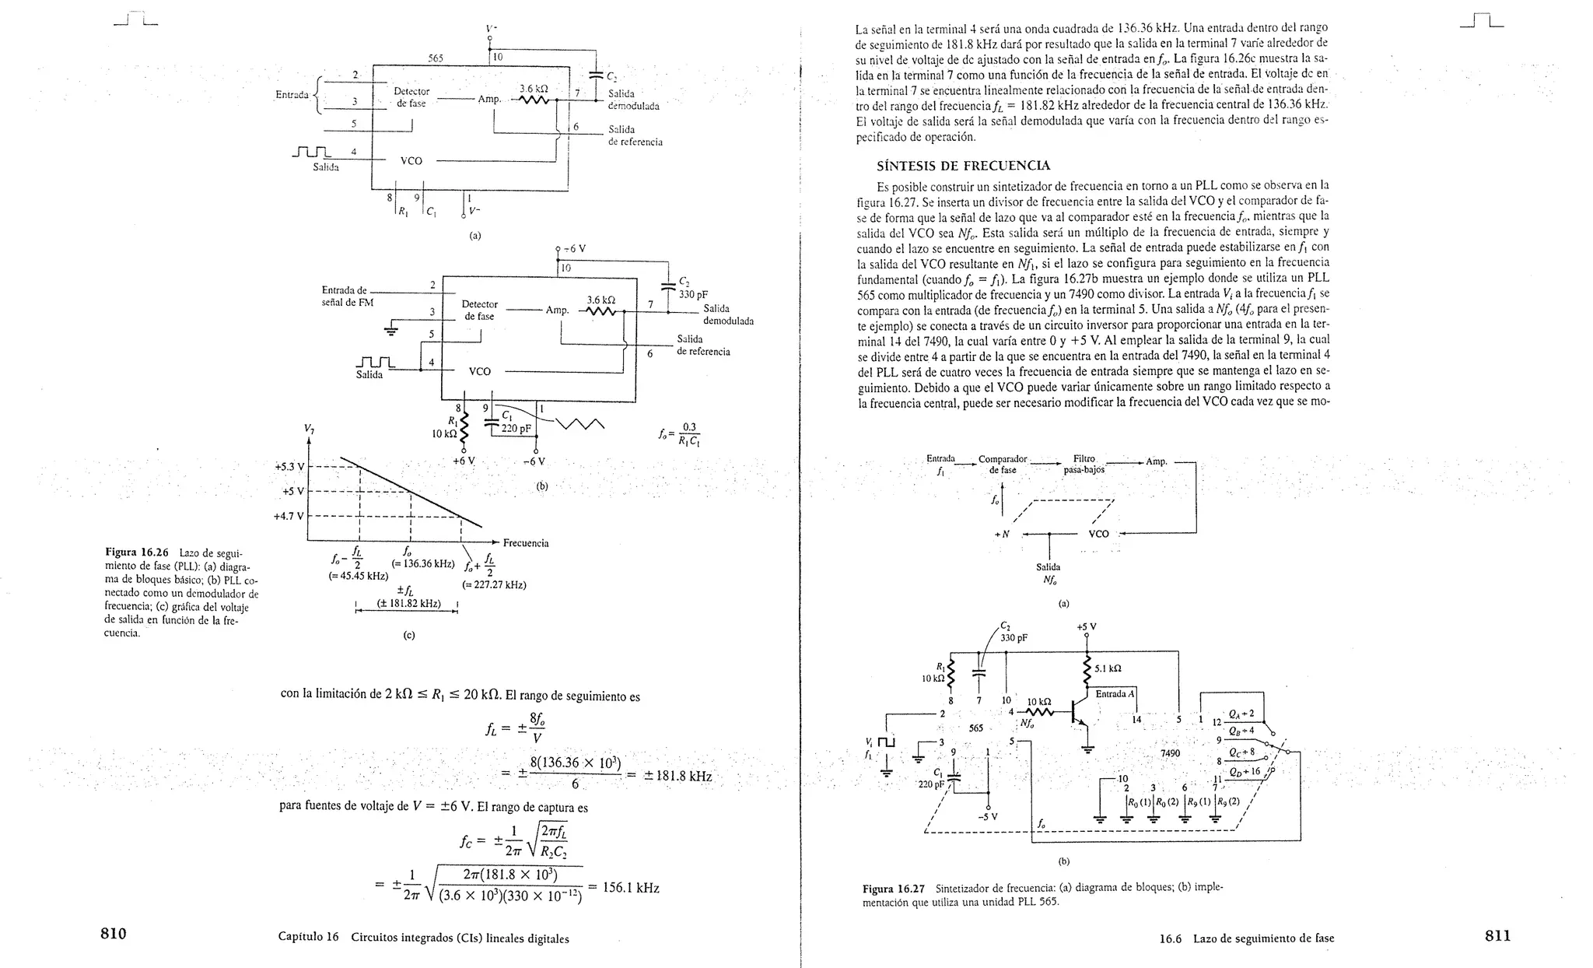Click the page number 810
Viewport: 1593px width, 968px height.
pos(114,935)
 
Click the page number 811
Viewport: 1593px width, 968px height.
pos(1497,935)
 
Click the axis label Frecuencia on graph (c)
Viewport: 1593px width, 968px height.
pos(526,543)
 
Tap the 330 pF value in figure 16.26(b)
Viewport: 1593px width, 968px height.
pos(693,295)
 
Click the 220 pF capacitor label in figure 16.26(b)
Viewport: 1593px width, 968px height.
pos(516,428)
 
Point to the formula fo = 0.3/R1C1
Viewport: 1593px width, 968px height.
pos(680,434)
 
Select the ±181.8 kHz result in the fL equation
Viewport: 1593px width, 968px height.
pos(677,776)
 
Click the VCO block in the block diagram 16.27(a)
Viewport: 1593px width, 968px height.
pos(1098,534)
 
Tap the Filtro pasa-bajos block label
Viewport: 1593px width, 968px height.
pos(1084,464)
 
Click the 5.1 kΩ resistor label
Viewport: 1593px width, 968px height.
pos(1108,668)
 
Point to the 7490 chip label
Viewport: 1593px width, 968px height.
pos(1170,753)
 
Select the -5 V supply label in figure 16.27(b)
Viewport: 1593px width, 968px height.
pos(987,817)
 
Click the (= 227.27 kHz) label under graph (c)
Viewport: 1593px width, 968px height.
pos(494,584)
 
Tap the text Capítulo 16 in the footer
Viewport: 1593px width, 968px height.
pos(308,938)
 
